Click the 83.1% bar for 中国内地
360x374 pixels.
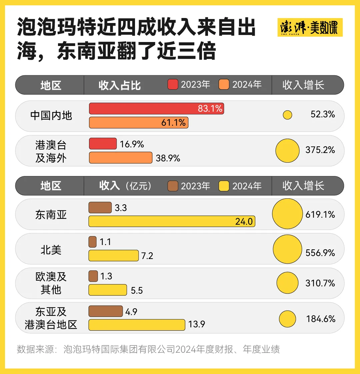[x=156, y=109]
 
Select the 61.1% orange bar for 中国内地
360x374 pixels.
[x=139, y=123]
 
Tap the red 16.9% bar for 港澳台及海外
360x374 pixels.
[x=103, y=144]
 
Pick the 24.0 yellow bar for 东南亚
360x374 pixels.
[x=172, y=221]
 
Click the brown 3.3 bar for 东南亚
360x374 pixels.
[x=100, y=207]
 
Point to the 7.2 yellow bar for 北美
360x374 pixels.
[x=113, y=255]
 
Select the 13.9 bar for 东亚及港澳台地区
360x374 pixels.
[x=137, y=325]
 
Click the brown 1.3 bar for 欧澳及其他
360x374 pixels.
[x=93, y=276]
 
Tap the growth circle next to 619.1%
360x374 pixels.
[x=287, y=214]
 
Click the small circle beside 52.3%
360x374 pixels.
[x=287, y=115]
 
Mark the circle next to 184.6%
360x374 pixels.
[x=287, y=319]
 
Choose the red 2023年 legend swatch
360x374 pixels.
[x=173, y=85]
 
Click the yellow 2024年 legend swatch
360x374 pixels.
[x=224, y=186]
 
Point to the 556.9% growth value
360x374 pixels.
[x=320, y=253]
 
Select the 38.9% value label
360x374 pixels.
[x=168, y=158]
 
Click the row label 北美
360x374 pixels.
[x=51, y=250]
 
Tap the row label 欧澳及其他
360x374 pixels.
[x=51, y=283]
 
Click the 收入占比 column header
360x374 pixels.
[x=120, y=85]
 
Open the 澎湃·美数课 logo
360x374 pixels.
[x=310, y=27]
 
